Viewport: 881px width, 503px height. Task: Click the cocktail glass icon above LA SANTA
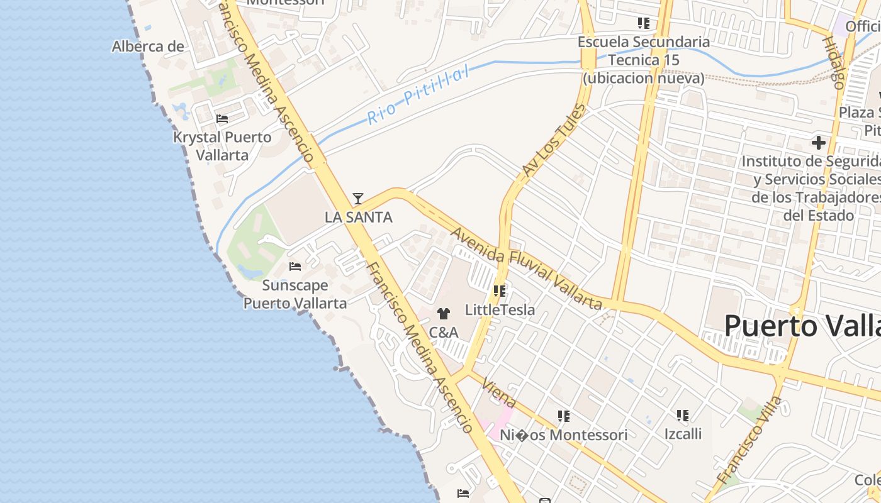tap(358, 199)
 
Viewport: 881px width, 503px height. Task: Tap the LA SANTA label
tap(358, 218)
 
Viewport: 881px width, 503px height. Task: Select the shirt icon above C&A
tap(444, 314)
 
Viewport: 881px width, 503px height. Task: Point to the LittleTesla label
tap(500, 310)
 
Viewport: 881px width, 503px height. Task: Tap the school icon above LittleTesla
tap(500, 291)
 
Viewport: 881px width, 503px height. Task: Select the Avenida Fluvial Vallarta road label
tap(526, 268)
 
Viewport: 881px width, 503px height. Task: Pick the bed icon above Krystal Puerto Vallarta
tap(222, 118)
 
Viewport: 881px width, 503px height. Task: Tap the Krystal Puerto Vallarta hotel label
tap(222, 146)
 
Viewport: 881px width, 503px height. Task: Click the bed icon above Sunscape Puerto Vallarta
tap(295, 267)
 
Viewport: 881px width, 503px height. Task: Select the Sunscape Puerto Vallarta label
tap(295, 294)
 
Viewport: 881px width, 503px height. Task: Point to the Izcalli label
tap(683, 434)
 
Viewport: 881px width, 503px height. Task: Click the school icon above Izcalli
tap(683, 416)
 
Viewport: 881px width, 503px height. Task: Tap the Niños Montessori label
tap(564, 435)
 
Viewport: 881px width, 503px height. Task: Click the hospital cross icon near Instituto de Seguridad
tap(819, 143)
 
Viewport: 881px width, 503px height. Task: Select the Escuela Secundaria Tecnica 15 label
tap(644, 60)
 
